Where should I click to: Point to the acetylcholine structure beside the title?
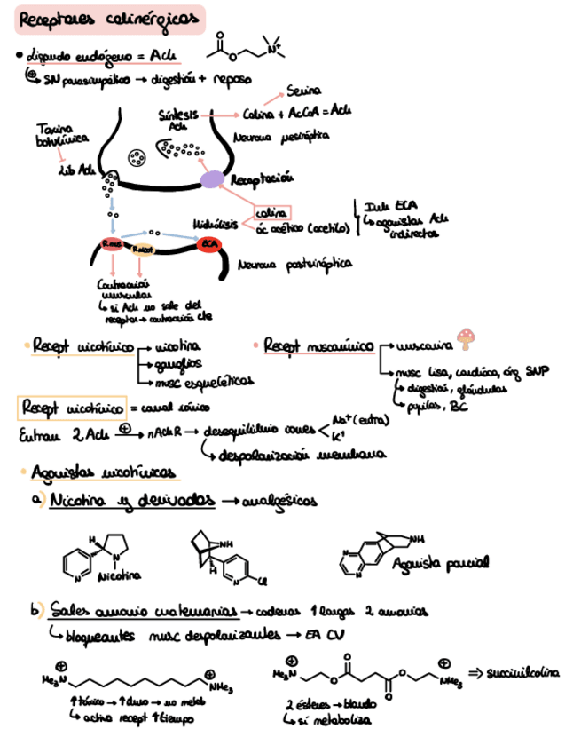(x=251, y=50)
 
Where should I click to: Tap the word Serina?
(x=303, y=91)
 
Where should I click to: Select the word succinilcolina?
(x=524, y=672)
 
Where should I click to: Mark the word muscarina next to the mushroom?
(x=423, y=344)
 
